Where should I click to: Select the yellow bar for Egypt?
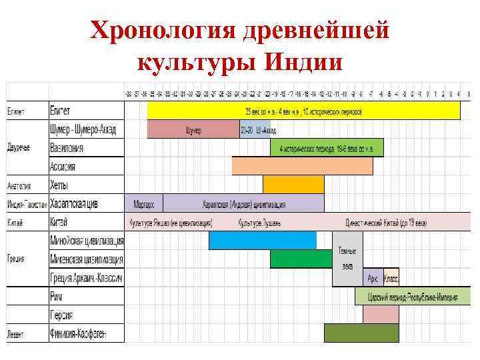pos(303,110)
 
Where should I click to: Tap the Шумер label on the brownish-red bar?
pos(193,129)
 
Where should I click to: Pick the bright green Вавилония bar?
pos(327,147)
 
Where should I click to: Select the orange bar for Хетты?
pos(293,185)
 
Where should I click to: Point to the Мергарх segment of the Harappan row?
pos(143,203)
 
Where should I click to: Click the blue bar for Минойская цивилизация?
pos(263,240)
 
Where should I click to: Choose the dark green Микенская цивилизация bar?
pos(301,259)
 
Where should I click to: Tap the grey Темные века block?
pos(347,259)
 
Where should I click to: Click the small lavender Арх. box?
pos(373,277)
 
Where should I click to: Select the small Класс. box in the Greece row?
pos(391,277)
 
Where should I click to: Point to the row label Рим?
pos(56,296)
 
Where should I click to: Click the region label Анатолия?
pos(19,185)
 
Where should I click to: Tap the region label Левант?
pos(16,333)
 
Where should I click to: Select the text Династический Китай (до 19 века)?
pos(386,222)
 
